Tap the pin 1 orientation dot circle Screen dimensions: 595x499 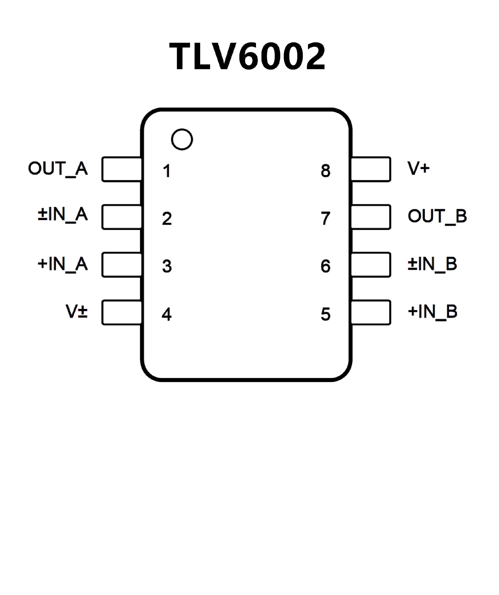pos(182,139)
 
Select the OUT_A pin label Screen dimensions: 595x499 pos(58,169)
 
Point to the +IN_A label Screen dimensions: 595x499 pos(63,264)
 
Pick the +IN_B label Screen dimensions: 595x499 pos(432,312)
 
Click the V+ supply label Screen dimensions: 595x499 pos(418,168)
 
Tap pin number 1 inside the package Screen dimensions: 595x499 pos(167,171)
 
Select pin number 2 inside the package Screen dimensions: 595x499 pos(167,218)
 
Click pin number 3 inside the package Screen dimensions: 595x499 pos(167,266)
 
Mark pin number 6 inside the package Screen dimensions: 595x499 pos(325,266)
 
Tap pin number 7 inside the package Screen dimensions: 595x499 pos(325,218)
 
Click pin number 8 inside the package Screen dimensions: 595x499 pos(325,171)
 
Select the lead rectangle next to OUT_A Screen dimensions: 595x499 pos(122,169)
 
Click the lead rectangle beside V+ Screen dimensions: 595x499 pos(371,169)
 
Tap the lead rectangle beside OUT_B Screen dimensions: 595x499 pos(371,217)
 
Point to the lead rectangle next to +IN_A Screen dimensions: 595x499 pos(122,265)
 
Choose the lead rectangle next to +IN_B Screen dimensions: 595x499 pos(371,312)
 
